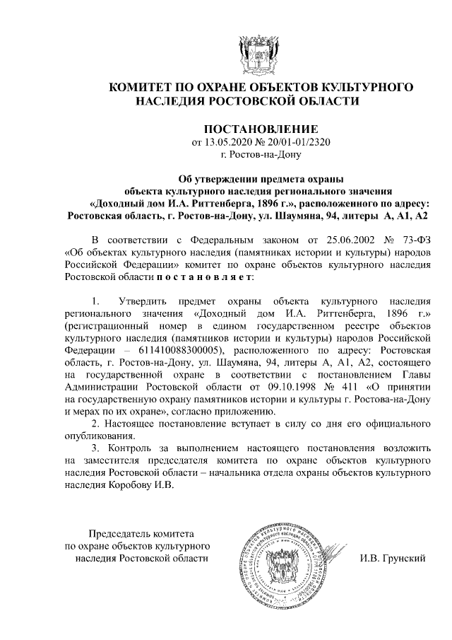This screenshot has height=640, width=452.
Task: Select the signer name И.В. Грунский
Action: coord(393,559)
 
